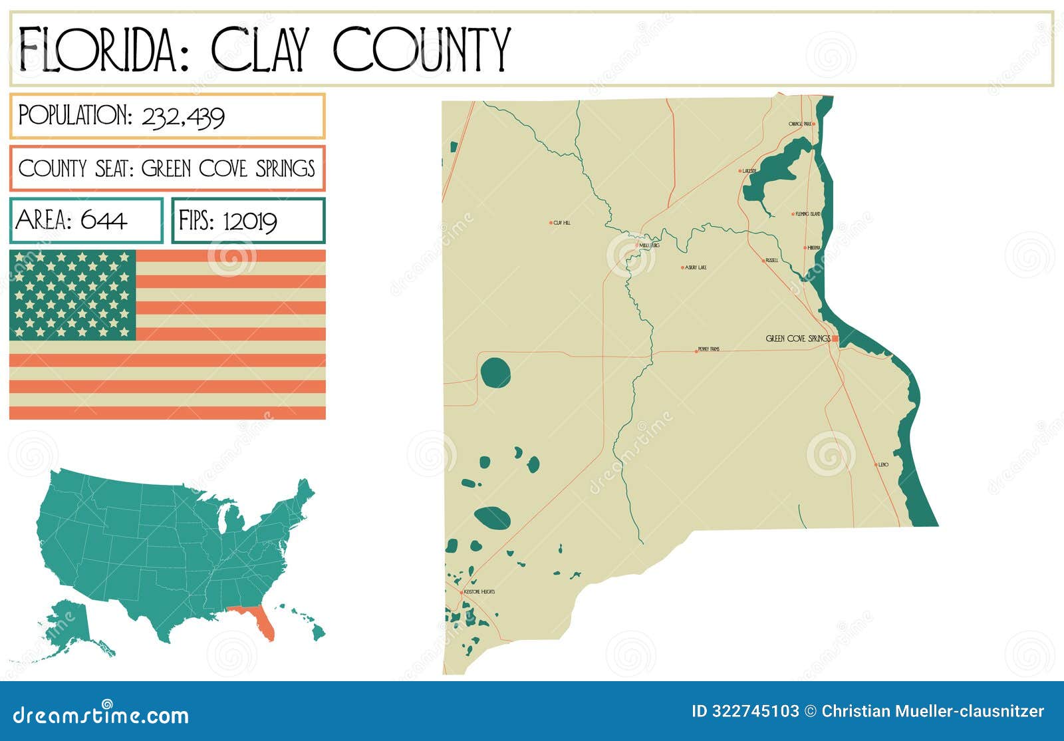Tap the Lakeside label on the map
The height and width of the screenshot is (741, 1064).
pyautogui.click(x=749, y=171)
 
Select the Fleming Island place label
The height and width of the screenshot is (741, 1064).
pyautogui.click(x=808, y=214)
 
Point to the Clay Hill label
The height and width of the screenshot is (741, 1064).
pyautogui.click(x=562, y=223)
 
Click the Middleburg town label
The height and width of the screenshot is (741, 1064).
pyautogui.click(x=649, y=245)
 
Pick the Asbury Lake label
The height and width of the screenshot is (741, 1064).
pyautogui.click(x=696, y=267)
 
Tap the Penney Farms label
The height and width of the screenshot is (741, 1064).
pyautogui.click(x=709, y=349)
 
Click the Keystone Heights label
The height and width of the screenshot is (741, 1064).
pyautogui.click(x=479, y=591)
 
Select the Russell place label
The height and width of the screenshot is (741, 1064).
pyautogui.click(x=771, y=260)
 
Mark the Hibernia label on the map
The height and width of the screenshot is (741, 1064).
pyautogui.click(x=814, y=247)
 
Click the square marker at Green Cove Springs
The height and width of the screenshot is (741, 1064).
pyautogui.click(x=835, y=339)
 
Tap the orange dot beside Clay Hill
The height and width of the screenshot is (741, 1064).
pyautogui.click(x=551, y=223)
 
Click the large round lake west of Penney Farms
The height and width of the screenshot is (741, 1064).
pyautogui.click(x=495, y=373)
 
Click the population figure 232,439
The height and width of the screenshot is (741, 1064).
pyautogui.click(x=184, y=117)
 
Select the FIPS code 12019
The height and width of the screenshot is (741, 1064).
pyautogui.click(x=249, y=221)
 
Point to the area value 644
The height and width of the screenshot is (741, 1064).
pyautogui.click(x=104, y=220)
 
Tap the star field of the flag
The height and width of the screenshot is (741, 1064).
pyautogui.click(x=72, y=295)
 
